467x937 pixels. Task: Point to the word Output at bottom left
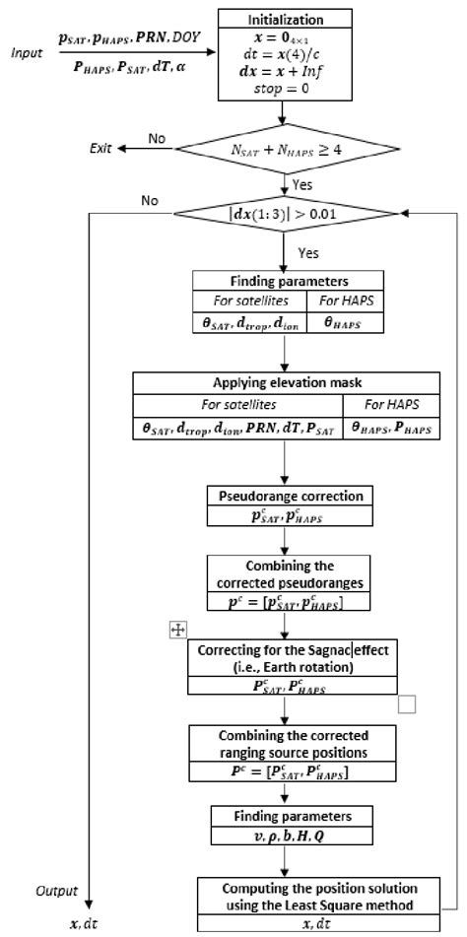pyautogui.click(x=56, y=891)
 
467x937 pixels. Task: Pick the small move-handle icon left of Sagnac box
pyautogui.click(x=176, y=630)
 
